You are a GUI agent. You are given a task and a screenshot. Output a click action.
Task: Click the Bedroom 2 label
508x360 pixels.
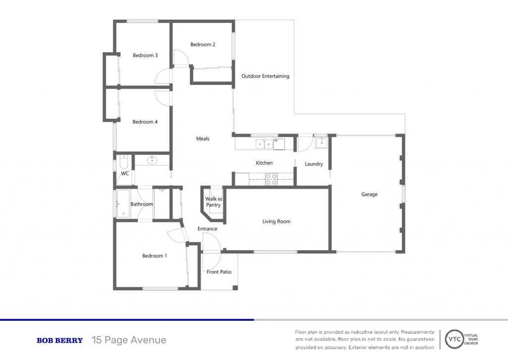[202, 44]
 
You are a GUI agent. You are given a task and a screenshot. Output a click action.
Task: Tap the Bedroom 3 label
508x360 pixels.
[145, 56]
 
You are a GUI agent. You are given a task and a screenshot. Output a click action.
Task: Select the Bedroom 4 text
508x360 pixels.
[145, 122]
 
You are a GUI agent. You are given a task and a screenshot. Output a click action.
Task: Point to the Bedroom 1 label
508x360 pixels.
[155, 256]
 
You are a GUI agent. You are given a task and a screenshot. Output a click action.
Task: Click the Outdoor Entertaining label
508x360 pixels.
[265, 76]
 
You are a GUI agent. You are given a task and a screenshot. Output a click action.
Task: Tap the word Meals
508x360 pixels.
[203, 139]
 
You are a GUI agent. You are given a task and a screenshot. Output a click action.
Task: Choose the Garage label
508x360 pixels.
[369, 195]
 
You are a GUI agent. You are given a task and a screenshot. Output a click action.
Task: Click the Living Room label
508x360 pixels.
[276, 221]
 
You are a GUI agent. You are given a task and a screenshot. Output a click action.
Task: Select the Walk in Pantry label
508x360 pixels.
[213, 202]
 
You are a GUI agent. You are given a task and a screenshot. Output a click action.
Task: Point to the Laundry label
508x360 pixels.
[314, 164]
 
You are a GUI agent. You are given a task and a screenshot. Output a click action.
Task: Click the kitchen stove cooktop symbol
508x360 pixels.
[271, 179]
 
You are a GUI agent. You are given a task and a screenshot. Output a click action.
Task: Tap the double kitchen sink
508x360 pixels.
[264, 144]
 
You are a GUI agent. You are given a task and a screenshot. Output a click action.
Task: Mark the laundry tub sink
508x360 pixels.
[321, 143]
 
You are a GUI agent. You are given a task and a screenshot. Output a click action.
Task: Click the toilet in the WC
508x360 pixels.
[124, 161]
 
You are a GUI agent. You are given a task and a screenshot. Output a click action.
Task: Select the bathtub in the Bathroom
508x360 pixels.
[123, 204]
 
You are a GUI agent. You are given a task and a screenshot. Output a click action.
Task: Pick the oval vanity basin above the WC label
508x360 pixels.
[151, 160]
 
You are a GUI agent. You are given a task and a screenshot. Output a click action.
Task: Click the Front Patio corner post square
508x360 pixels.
[235, 288]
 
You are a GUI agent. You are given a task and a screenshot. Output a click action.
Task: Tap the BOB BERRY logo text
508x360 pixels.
[60, 341]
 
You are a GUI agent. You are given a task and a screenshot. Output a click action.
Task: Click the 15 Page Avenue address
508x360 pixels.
[129, 340]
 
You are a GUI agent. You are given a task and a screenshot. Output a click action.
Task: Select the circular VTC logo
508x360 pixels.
[454, 340]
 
